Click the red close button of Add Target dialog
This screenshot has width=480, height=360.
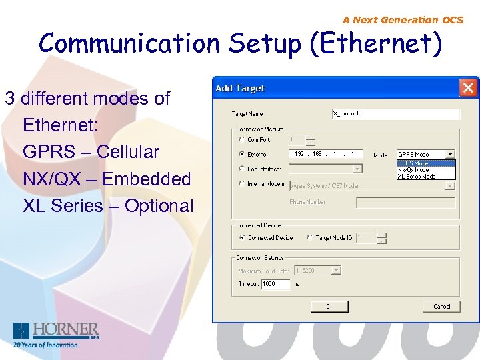coord(469,87)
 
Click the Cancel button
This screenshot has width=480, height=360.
coord(441,306)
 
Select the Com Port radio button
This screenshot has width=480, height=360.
coord(241,140)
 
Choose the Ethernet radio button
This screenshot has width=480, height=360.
coord(241,154)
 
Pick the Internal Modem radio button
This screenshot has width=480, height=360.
coord(241,184)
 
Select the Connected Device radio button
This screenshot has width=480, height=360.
coord(241,237)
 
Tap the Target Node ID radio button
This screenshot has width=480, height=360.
coord(310,237)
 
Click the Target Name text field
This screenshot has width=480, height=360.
coord(395,114)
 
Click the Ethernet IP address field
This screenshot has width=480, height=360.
coord(325,154)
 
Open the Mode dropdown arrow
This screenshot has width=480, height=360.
coord(451,154)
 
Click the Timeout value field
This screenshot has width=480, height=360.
coord(275,284)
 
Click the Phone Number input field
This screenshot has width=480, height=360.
coord(405,202)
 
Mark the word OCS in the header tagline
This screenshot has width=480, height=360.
coord(452,20)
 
